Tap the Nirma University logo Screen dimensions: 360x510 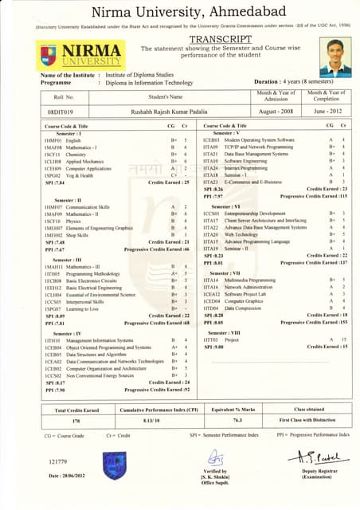[68, 54]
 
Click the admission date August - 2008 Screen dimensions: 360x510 [276, 112]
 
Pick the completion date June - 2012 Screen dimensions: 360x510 [327, 112]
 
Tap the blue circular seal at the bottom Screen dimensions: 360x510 [114, 465]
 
